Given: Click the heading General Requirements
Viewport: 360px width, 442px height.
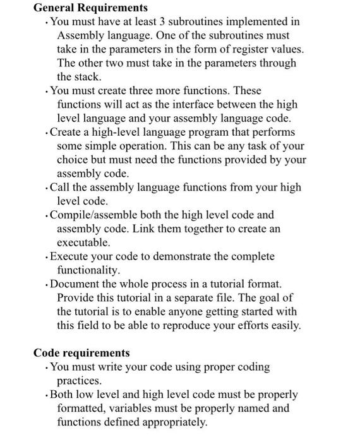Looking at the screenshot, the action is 90,8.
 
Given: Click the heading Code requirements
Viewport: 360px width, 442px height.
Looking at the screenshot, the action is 81,353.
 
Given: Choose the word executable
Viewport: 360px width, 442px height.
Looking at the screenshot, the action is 83,242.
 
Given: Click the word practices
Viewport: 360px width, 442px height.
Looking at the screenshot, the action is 79,381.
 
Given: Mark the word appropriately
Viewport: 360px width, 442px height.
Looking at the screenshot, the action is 169,422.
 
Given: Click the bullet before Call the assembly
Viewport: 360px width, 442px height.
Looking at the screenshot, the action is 47,188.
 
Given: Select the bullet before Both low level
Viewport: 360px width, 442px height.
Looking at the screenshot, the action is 47,395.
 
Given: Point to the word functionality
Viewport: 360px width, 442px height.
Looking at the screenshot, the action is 88,270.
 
